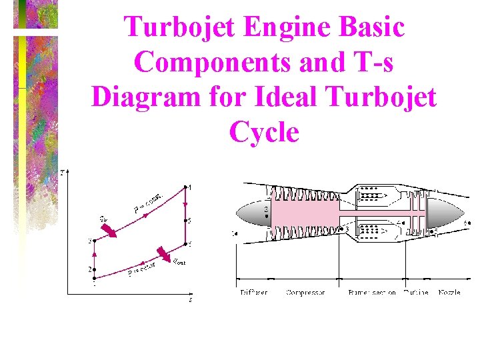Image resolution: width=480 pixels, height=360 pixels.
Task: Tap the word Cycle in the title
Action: [x=264, y=131]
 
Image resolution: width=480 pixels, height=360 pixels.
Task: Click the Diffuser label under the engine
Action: [x=254, y=293]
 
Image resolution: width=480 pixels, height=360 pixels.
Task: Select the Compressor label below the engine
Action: [x=306, y=293]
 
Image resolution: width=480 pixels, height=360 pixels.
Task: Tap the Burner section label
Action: [x=372, y=293]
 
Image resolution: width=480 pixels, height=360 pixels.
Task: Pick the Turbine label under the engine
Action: [x=416, y=293]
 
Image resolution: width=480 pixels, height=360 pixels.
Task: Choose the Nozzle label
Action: [x=449, y=293]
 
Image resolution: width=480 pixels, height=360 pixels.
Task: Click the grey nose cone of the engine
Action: [x=251, y=215]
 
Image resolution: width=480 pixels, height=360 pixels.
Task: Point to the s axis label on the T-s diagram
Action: [x=190, y=300]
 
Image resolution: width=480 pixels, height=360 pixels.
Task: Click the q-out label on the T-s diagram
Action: [x=179, y=261]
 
